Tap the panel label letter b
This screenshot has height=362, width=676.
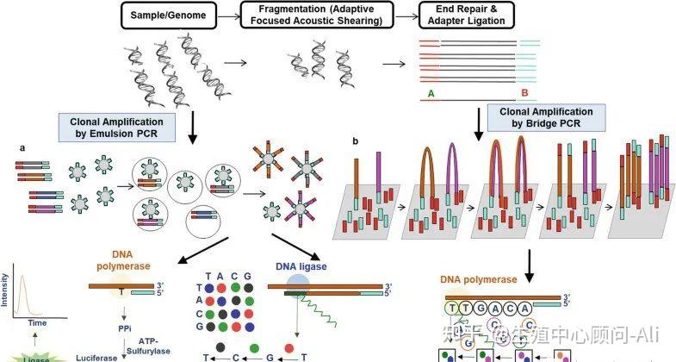click(x=357, y=140)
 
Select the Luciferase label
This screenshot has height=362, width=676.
click(x=98, y=354)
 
